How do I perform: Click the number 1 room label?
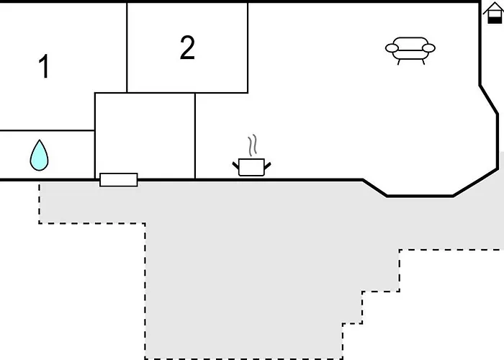click(44, 67)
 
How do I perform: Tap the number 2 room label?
click(187, 48)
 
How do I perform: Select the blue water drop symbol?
click(40, 156)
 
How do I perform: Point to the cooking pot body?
click(251, 168)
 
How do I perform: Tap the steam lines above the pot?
click(251, 145)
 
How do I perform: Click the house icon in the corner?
click(493, 13)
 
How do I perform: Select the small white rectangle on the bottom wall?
click(119, 179)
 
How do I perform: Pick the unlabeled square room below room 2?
click(145, 135)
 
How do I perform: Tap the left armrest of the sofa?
click(392, 48)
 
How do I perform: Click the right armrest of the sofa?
click(428, 48)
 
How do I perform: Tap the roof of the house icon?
click(493, 7)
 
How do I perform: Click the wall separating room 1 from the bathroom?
click(47, 131)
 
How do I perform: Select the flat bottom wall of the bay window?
click(420, 195)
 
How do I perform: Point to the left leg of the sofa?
click(400, 62)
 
